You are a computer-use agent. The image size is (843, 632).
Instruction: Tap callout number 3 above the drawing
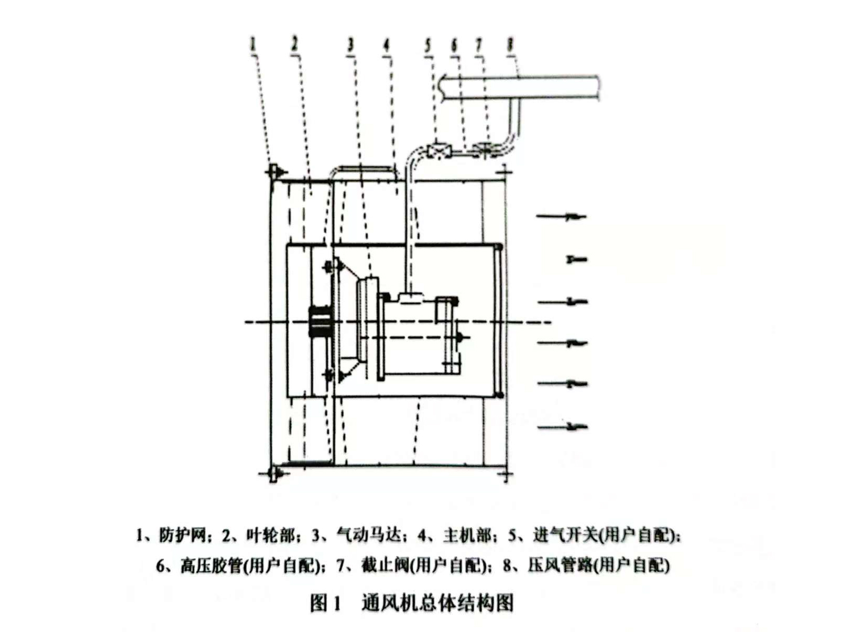(351, 45)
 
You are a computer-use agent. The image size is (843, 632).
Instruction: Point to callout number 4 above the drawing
(387, 45)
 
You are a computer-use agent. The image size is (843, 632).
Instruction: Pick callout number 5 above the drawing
(428, 45)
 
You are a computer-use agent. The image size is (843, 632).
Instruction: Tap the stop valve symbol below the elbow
(485, 150)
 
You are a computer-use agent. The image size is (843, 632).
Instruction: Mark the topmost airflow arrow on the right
(561, 217)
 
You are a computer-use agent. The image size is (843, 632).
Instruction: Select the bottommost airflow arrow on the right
(562, 426)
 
